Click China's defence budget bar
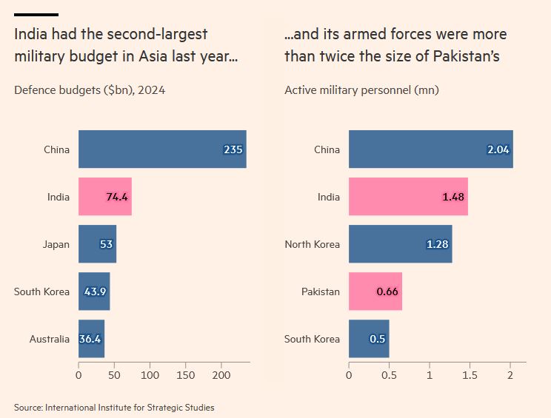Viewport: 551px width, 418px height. (x=162, y=149)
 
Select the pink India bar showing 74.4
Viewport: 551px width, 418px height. (x=104, y=197)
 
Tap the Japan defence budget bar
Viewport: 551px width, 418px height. (x=97, y=244)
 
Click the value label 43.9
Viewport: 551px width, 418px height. (x=96, y=291)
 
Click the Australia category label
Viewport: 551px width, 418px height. (x=50, y=339)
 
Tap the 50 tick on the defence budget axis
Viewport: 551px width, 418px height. (x=114, y=375)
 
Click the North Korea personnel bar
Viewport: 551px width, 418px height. (x=400, y=244)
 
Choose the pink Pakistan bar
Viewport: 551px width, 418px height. (x=375, y=291)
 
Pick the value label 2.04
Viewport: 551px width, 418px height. (x=498, y=149)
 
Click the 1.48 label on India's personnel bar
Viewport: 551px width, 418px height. (x=453, y=197)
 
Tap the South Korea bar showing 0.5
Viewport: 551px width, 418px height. (x=369, y=339)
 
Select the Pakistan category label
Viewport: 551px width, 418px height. (x=320, y=291)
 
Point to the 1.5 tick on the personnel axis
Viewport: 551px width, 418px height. (x=470, y=375)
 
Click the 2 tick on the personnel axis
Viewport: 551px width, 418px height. (x=510, y=375)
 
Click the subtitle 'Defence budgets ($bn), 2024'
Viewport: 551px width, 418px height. (x=90, y=90)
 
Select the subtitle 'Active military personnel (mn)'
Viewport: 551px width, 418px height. (x=361, y=90)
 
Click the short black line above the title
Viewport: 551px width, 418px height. (x=36, y=15)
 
